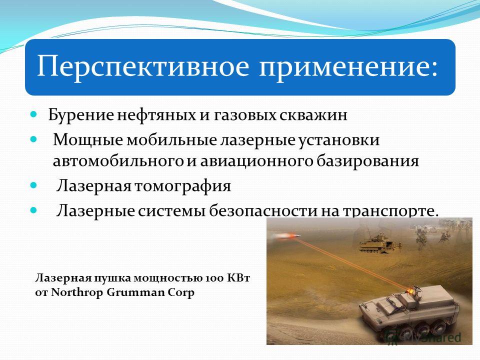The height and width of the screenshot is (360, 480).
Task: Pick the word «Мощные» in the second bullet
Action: pyautogui.click(x=88, y=140)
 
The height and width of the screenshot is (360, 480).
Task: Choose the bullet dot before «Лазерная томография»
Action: pyautogui.click(x=33, y=185)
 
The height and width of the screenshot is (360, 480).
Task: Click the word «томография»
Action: pyautogui.click(x=182, y=186)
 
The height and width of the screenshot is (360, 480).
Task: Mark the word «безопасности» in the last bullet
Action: pyautogui.click(x=263, y=210)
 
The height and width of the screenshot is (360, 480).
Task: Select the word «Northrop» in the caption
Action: pyautogui.click(x=76, y=292)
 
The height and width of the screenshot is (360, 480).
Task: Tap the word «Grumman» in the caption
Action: pyautogui.click(x=135, y=292)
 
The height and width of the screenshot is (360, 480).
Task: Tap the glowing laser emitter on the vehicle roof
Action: pyautogui.click(x=409, y=290)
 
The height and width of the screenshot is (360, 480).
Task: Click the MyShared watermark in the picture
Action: pyautogui.click(x=434, y=337)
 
